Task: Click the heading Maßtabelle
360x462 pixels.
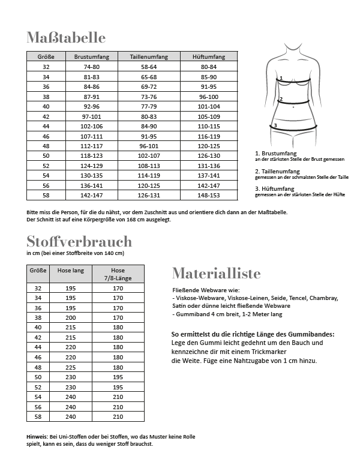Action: point(66,38)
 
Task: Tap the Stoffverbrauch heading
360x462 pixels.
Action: point(79,241)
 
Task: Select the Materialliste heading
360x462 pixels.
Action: point(216,274)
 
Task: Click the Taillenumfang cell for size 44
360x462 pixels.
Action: point(148,126)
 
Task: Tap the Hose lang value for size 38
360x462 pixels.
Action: point(70,317)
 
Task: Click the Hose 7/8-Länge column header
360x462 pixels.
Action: point(118,274)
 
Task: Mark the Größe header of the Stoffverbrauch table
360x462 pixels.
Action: point(38,271)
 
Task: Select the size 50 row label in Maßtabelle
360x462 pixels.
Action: point(46,155)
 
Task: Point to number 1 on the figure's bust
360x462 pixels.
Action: point(281,79)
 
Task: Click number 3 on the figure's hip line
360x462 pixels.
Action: point(275,125)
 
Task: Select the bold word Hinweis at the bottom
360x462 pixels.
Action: point(38,436)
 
